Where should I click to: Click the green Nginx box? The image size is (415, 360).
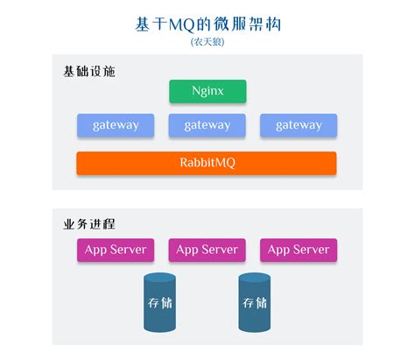207,91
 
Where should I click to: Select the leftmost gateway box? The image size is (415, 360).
115,125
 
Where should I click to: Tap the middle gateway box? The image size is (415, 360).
207,125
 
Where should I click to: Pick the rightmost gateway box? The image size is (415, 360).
299,125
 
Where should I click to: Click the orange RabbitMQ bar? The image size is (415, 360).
207,163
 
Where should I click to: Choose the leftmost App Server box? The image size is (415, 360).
115,250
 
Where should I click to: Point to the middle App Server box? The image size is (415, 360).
207,250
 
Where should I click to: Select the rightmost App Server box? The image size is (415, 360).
299,250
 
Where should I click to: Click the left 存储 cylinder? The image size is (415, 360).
159,303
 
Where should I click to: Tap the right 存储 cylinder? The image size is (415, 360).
254,303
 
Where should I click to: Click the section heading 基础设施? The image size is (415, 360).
88,70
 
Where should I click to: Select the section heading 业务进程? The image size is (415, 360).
88,222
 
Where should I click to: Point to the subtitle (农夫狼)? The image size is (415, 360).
207,41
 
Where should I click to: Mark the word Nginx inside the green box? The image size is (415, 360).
207,91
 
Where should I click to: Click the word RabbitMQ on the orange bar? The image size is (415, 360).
207,163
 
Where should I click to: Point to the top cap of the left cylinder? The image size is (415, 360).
159,279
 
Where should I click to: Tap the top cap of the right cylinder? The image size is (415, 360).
254,279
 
